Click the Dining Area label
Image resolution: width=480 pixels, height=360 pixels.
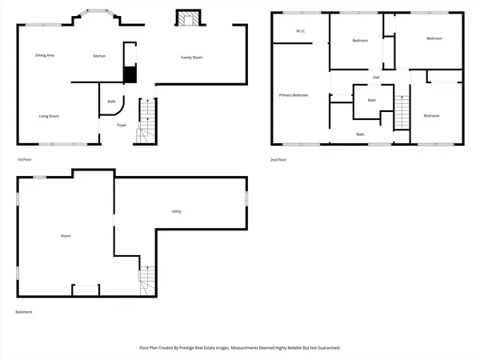45,55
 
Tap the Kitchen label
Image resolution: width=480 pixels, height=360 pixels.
99,56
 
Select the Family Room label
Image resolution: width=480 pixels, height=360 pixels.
191,58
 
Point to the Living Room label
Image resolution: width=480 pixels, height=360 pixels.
49,116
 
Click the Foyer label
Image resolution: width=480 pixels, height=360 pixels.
122,125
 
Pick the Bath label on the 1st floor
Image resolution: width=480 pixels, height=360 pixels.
111,102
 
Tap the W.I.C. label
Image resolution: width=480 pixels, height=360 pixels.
301,32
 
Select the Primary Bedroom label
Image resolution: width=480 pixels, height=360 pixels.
294,95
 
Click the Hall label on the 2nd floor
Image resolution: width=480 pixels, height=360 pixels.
375,77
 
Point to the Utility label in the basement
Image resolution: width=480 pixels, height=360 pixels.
176,211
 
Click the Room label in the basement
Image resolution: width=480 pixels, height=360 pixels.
66,236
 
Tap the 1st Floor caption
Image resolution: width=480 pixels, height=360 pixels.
25,160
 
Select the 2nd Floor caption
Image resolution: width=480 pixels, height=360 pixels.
278,160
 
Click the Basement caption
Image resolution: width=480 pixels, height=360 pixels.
24,312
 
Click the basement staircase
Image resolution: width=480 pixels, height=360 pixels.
146,281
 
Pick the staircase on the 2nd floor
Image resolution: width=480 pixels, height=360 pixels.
402,108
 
